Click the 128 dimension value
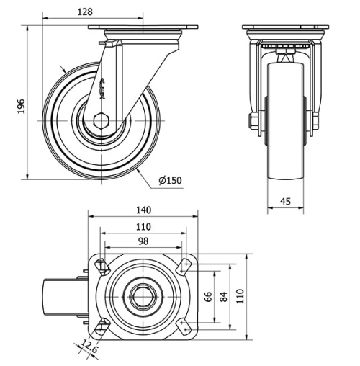point(85,12)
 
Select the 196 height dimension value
point(21,106)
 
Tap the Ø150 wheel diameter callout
point(171,180)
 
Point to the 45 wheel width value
point(285,201)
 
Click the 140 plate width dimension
point(143,210)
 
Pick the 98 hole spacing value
point(143,241)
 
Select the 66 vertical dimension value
point(208,297)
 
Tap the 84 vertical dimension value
point(223,297)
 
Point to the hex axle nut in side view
point(102,121)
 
